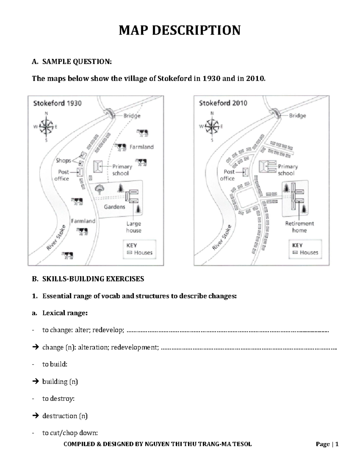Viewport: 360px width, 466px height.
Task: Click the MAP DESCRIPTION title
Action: pyautogui.click(x=179, y=30)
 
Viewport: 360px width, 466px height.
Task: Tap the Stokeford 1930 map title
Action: pyautogui.click(x=57, y=103)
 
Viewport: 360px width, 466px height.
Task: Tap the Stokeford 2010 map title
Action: pyautogui.click(x=223, y=103)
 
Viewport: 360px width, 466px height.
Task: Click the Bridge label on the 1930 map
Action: pyautogui.click(x=132, y=116)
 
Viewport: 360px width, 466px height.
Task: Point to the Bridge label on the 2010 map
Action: pyautogui.click(x=297, y=116)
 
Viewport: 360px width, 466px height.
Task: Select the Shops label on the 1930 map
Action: pyautogui.click(x=63, y=161)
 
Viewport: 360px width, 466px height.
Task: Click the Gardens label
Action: pyautogui.click(x=114, y=207)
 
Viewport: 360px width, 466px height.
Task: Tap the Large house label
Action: pyautogui.click(x=133, y=227)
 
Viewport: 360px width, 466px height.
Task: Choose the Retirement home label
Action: pyautogui.click(x=299, y=227)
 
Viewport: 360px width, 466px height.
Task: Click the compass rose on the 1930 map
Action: pyautogui.click(x=46, y=127)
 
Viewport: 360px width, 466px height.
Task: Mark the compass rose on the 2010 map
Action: pyautogui.click(x=212, y=127)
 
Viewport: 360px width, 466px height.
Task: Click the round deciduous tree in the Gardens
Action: pyautogui.click(x=99, y=189)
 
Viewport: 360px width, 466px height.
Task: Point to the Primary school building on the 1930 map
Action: pyautogui.click(x=97, y=167)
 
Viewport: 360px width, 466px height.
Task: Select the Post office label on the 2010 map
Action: pyautogui.click(x=229, y=175)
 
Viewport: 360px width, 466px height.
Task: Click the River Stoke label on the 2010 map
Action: pyautogui.click(x=222, y=237)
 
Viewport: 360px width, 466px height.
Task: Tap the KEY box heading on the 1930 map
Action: pyautogui.click(x=132, y=245)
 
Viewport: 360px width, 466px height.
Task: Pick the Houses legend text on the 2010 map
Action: pyautogui.click(x=309, y=253)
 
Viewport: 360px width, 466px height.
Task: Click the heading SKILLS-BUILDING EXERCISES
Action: pyautogui.click(x=93, y=279)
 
